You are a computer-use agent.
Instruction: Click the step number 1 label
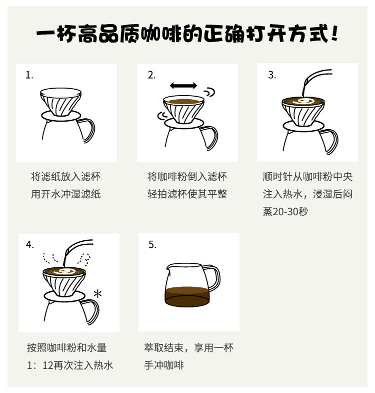click(29, 75)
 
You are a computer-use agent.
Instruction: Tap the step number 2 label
click(151, 75)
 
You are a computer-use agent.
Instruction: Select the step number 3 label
click(272, 75)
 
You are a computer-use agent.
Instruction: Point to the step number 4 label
click(30, 245)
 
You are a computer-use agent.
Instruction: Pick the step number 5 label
click(152, 245)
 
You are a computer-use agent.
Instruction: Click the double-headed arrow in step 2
click(183, 86)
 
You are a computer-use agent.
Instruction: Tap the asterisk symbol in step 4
click(97, 293)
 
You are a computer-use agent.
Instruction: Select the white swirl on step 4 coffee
click(64, 271)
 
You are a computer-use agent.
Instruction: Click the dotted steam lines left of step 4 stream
click(50, 258)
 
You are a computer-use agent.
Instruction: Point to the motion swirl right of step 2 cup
click(209, 92)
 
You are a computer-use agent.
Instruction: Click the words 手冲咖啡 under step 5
click(163, 365)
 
